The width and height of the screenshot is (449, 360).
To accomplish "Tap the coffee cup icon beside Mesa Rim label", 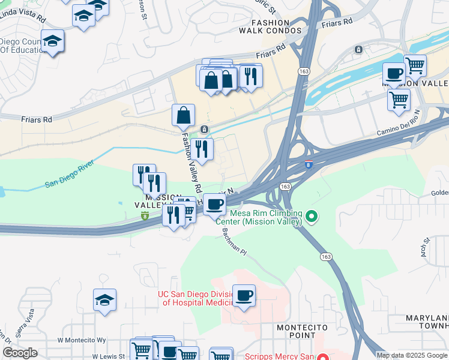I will [x=214, y=204].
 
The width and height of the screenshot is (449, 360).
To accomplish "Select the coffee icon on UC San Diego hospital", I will [x=244, y=295].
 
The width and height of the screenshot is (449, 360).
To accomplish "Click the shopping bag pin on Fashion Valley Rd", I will [x=183, y=115].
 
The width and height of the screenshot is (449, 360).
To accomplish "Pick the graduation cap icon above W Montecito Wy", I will [x=104, y=301].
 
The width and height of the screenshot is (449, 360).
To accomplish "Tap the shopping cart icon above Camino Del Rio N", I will [x=399, y=100].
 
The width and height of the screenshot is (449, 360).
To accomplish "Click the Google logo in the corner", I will [x=20, y=353].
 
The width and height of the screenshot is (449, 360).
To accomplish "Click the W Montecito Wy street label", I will [x=82, y=340].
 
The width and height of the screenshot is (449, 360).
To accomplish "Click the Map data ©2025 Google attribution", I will [x=412, y=355].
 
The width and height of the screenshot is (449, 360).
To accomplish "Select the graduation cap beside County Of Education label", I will [x=53, y=41].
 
